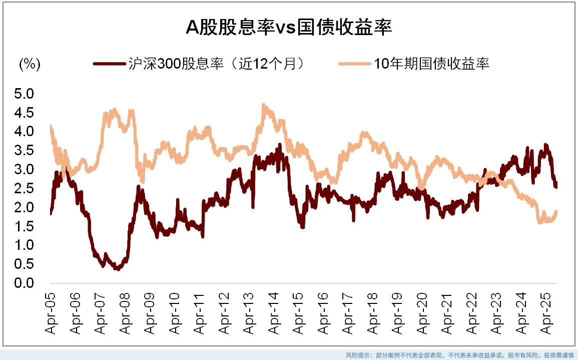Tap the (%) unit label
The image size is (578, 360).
pos(30,64)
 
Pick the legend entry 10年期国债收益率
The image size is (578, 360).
pos(431,64)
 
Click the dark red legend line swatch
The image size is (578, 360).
pos(109,64)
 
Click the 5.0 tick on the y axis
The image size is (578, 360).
pos(25,94)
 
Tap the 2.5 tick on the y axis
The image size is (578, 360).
pos(25,188)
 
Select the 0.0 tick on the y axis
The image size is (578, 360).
pos(25,283)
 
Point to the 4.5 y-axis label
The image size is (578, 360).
pos(25,113)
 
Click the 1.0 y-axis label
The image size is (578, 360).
pos(25,245)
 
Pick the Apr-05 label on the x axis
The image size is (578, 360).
pos(52,314)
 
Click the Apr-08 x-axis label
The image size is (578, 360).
pos(126,314)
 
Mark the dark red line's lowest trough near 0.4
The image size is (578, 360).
pos(118,268)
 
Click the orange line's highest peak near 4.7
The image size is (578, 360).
pos(264,105)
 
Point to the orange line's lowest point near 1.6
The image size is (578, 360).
pos(540,222)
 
